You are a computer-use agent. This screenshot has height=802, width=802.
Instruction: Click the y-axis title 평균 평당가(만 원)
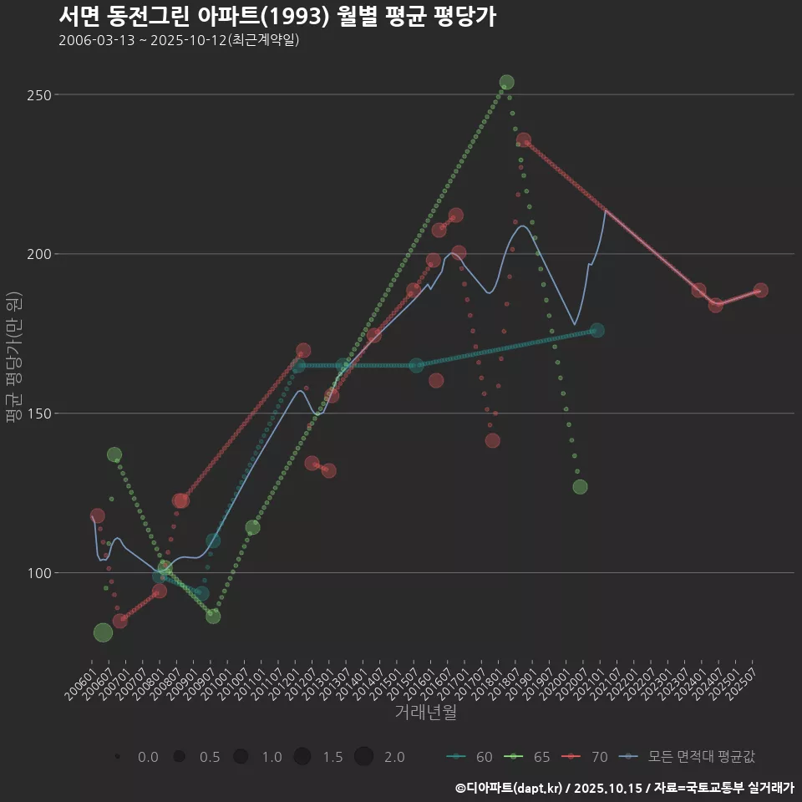pos(13,359)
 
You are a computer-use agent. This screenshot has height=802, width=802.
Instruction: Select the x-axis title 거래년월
pos(425,713)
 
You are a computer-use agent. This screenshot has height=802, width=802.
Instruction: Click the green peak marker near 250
pos(506,83)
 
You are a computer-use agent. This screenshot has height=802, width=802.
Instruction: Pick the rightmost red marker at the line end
pos(760,291)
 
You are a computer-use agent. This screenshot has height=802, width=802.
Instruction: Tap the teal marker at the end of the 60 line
pos(596,331)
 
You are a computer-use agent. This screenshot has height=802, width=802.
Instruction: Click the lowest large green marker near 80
pos(103,632)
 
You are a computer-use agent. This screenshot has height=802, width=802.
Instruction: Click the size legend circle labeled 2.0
pos(363,757)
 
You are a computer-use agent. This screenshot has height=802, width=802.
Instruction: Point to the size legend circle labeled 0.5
pos(179,757)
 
